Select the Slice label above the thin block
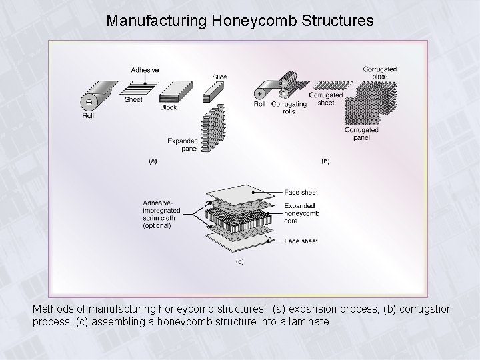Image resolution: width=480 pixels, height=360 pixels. (x=219, y=77)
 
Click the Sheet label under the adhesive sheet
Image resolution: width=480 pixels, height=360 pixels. (x=133, y=99)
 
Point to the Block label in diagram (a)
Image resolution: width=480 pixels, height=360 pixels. (x=168, y=107)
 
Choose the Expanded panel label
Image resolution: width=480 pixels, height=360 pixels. (x=183, y=144)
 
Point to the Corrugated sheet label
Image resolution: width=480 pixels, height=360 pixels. (x=326, y=99)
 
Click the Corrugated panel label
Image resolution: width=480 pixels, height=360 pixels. (x=362, y=133)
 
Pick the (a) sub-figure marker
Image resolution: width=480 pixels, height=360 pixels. (x=153, y=161)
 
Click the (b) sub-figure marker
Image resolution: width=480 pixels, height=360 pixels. (x=325, y=161)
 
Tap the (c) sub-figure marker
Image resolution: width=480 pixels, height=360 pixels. (x=238, y=261)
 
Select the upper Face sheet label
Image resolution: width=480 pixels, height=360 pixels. (x=301, y=192)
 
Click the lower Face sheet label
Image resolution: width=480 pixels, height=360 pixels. (x=301, y=241)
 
